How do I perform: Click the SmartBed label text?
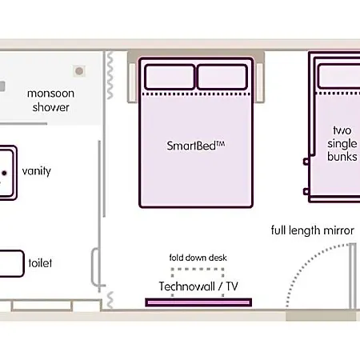pyautogui.click(x=196, y=146)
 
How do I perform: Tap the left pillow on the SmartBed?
pyautogui.click(x=170, y=77)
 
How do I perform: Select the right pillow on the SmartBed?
pyautogui.click(x=222, y=77)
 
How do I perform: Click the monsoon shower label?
pyautogui.click(x=50, y=100)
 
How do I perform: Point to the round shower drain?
pyautogui.click(x=79, y=71)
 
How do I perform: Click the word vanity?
pyautogui.click(x=37, y=171)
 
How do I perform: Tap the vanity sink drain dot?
pyautogui.click(x=4, y=173)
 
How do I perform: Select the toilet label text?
pyautogui.click(x=40, y=263)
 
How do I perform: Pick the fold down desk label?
pyautogui.click(x=198, y=258)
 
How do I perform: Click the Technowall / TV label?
pyautogui.click(x=198, y=286)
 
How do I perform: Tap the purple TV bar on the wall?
pyautogui.click(x=198, y=302)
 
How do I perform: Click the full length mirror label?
pyautogui.click(x=313, y=230)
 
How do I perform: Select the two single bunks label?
pyautogui.click(x=342, y=143)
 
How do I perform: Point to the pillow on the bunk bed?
pyautogui.click(x=338, y=76)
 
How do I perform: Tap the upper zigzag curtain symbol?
pyautogui.click(x=110, y=75)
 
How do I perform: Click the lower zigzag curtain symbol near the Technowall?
pyautogui.click(x=110, y=300)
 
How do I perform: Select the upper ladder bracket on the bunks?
pyautogui.click(x=306, y=162)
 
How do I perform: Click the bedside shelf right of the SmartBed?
pyautogui.click(x=260, y=82)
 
